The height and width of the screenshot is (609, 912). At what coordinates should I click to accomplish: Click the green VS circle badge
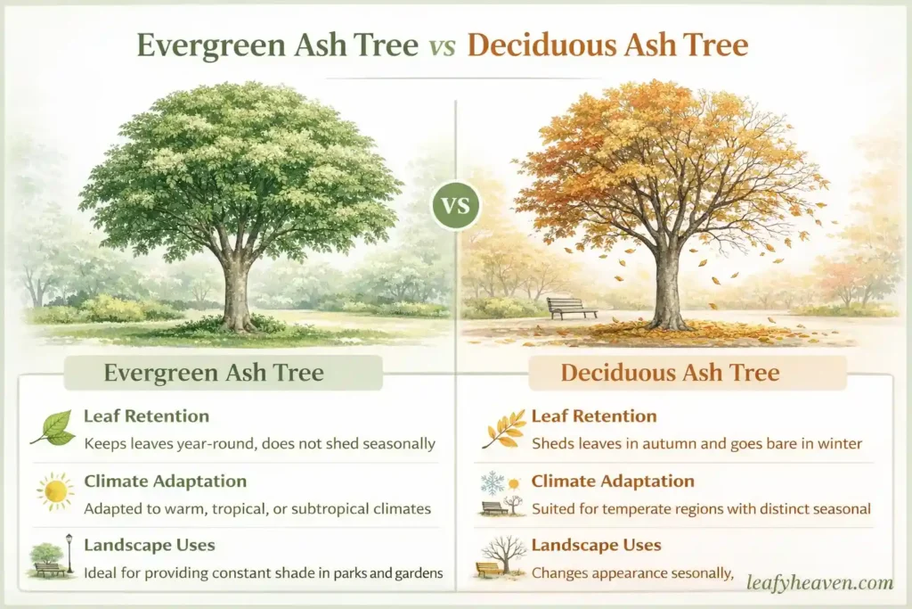(x=456, y=208)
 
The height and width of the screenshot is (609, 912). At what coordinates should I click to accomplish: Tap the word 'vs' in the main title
(x=443, y=45)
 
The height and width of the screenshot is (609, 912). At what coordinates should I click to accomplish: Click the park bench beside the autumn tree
(x=571, y=308)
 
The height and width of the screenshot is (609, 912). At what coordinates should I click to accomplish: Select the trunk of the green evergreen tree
(x=237, y=294)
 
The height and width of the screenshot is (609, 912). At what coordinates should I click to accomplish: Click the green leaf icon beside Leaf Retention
(x=53, y=428)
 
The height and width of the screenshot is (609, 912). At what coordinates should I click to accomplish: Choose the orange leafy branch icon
(x=503, y=428)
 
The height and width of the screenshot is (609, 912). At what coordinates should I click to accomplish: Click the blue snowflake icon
(x=492, y=483)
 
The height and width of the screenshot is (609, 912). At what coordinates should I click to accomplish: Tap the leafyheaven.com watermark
(x=819, y=583)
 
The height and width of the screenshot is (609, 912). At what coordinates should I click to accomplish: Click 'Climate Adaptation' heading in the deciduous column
(x=613, y=481)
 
